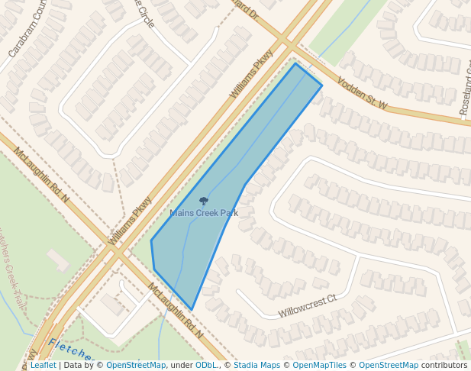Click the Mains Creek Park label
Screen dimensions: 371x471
[x=204, y=213]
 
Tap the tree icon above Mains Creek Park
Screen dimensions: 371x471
[x=204, y=202]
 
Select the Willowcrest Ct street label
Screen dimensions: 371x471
[x=307, y=306]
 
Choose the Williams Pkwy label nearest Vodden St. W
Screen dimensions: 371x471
[x=251, y=74]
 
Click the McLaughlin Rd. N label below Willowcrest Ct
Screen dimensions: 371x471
[x=176, y=311]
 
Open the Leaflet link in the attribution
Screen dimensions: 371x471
[x=43, y=365]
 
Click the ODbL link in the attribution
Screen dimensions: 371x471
[x=205, y=365]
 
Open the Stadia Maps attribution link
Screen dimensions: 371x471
[x=257, y=365]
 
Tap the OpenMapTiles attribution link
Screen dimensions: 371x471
[x=319, y=365]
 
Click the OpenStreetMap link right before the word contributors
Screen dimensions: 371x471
[x=389, y=365]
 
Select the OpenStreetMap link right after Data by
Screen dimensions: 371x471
[x=136, y=365]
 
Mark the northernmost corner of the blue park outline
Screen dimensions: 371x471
[x=296, y=63]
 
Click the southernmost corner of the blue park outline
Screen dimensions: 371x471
[x=192, y=310]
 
